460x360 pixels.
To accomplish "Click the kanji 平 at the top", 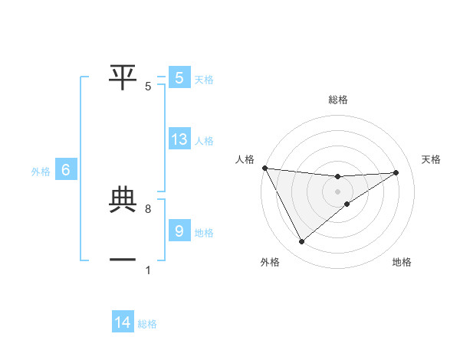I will click(x=123, y=75).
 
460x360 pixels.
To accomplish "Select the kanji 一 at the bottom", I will click(x=123, y=260).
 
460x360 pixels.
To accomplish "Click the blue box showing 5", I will click(x=179, y=78).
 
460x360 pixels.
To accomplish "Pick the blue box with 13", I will click(x=179, y=139).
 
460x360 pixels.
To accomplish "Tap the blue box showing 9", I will click(x=179, y=231).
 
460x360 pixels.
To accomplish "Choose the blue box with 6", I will click(x=66, y=171).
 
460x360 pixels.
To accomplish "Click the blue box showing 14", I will click(x=123, y=322).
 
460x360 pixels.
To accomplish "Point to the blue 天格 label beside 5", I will click(x=203, y=79).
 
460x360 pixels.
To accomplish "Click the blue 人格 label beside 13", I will click(x=203, y=141).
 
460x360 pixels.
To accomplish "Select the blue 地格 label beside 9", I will click(x=203, y=233).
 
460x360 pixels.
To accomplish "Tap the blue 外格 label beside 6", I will click(x=41, y=172).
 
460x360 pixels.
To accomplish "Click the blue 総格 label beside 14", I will click(x=147, y=324).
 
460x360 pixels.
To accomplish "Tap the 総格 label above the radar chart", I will click(x=337, y=100).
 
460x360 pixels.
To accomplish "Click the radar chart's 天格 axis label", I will click(x=431, y=159).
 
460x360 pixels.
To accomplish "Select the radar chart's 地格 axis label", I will click(x=402, y=263).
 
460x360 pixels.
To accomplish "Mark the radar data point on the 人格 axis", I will click(x=264, y=168).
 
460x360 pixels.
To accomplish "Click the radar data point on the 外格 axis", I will click(x=301, y=242).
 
